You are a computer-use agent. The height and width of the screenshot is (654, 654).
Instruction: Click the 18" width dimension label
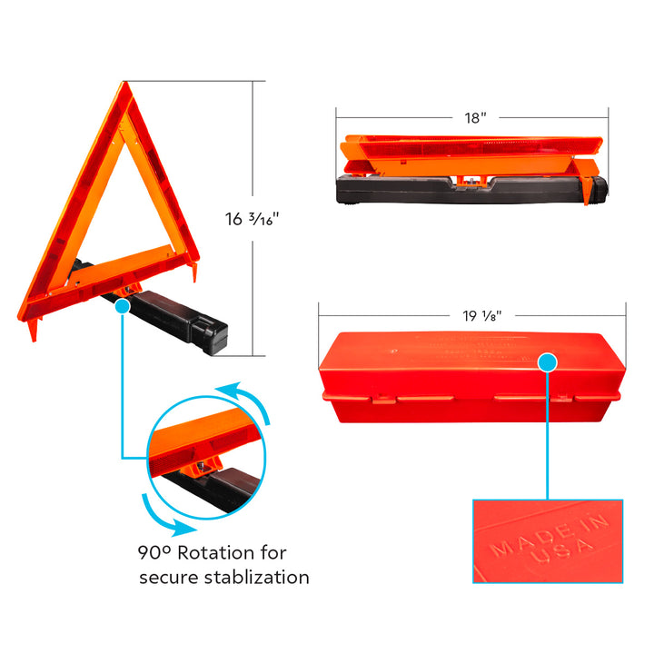pyautogui.click(x=471, y=116)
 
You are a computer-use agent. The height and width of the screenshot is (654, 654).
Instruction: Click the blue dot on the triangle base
pyautogui.click(x=122, y=307)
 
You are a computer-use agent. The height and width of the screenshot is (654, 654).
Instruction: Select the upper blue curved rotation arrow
pyautogui.click(x=245, y=400)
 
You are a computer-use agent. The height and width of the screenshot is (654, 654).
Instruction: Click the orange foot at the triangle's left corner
pyautogui.click(x=34, y=329)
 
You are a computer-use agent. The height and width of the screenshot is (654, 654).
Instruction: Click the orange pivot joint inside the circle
pyautogui.click(x=196, y=468)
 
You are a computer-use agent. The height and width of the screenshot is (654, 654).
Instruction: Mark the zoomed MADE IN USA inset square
pyautogui.click(x=548, y=540)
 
